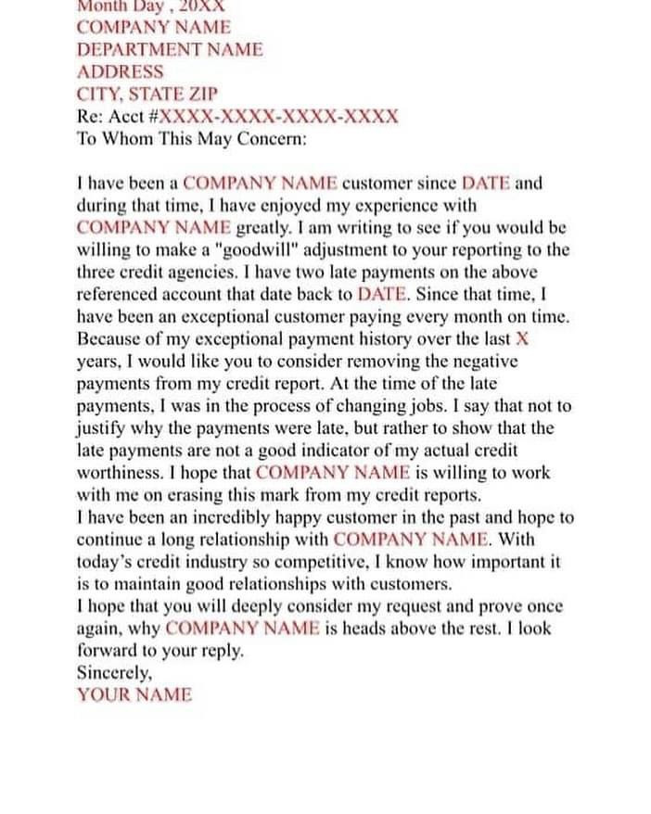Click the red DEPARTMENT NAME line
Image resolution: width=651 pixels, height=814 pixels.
pos(170,49)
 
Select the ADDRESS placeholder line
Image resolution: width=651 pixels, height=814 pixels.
pos(120,71)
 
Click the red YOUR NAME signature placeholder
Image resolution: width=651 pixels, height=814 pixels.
pos(134,694)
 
